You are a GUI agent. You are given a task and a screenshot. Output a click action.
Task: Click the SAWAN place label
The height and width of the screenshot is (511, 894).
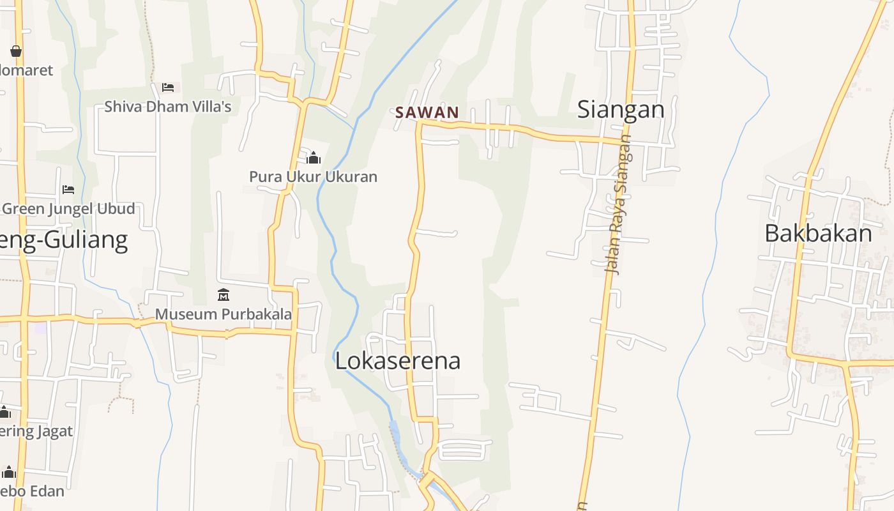click(427, 112)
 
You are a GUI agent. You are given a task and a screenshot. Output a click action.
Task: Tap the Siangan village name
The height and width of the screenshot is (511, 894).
click(621, 109)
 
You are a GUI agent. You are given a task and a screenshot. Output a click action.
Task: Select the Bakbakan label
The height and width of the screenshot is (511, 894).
click(818, 233)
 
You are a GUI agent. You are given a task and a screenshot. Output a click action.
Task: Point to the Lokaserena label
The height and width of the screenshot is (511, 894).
click(397, 360)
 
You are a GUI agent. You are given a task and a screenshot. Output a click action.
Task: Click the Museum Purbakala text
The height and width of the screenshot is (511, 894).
click(223, 314)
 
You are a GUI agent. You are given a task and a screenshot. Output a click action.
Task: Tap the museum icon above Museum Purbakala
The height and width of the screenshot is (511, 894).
click(223, 294)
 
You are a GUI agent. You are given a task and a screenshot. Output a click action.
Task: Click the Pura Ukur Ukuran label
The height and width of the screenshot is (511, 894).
click(313, 176)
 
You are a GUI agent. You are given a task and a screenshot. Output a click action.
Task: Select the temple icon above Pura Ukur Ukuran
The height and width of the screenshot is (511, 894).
click(314, 157)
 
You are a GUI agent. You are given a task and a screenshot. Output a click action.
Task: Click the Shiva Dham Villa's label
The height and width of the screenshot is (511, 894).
click(167, 106)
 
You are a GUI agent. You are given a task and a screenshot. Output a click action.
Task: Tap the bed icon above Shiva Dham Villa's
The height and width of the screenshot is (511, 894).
click(168, 87)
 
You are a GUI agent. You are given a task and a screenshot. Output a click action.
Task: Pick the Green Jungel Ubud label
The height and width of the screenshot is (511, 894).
click(69, 209)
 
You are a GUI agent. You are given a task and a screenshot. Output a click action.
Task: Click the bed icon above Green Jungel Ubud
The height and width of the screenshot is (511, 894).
click(68, 190)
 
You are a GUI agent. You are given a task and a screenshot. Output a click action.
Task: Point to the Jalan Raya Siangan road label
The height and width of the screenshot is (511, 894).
click(617, 204)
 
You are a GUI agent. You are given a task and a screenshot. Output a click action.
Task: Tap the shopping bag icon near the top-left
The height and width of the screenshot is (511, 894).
click(16, 50)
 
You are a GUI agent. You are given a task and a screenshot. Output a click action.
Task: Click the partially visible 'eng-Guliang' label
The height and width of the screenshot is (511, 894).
click(64, 240)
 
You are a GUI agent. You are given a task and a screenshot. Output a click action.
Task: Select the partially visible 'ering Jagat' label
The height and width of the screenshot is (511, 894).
click(36, 431)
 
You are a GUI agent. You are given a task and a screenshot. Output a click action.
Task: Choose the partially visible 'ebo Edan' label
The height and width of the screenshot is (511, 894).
click(32, 491)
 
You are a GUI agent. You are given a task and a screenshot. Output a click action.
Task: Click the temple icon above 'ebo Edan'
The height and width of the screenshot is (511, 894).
click(8, 472)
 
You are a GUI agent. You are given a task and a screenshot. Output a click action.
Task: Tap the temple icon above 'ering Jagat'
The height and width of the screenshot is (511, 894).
click(4, 412)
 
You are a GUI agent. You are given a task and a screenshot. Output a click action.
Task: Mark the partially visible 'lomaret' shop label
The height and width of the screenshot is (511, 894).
click(26, 70)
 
